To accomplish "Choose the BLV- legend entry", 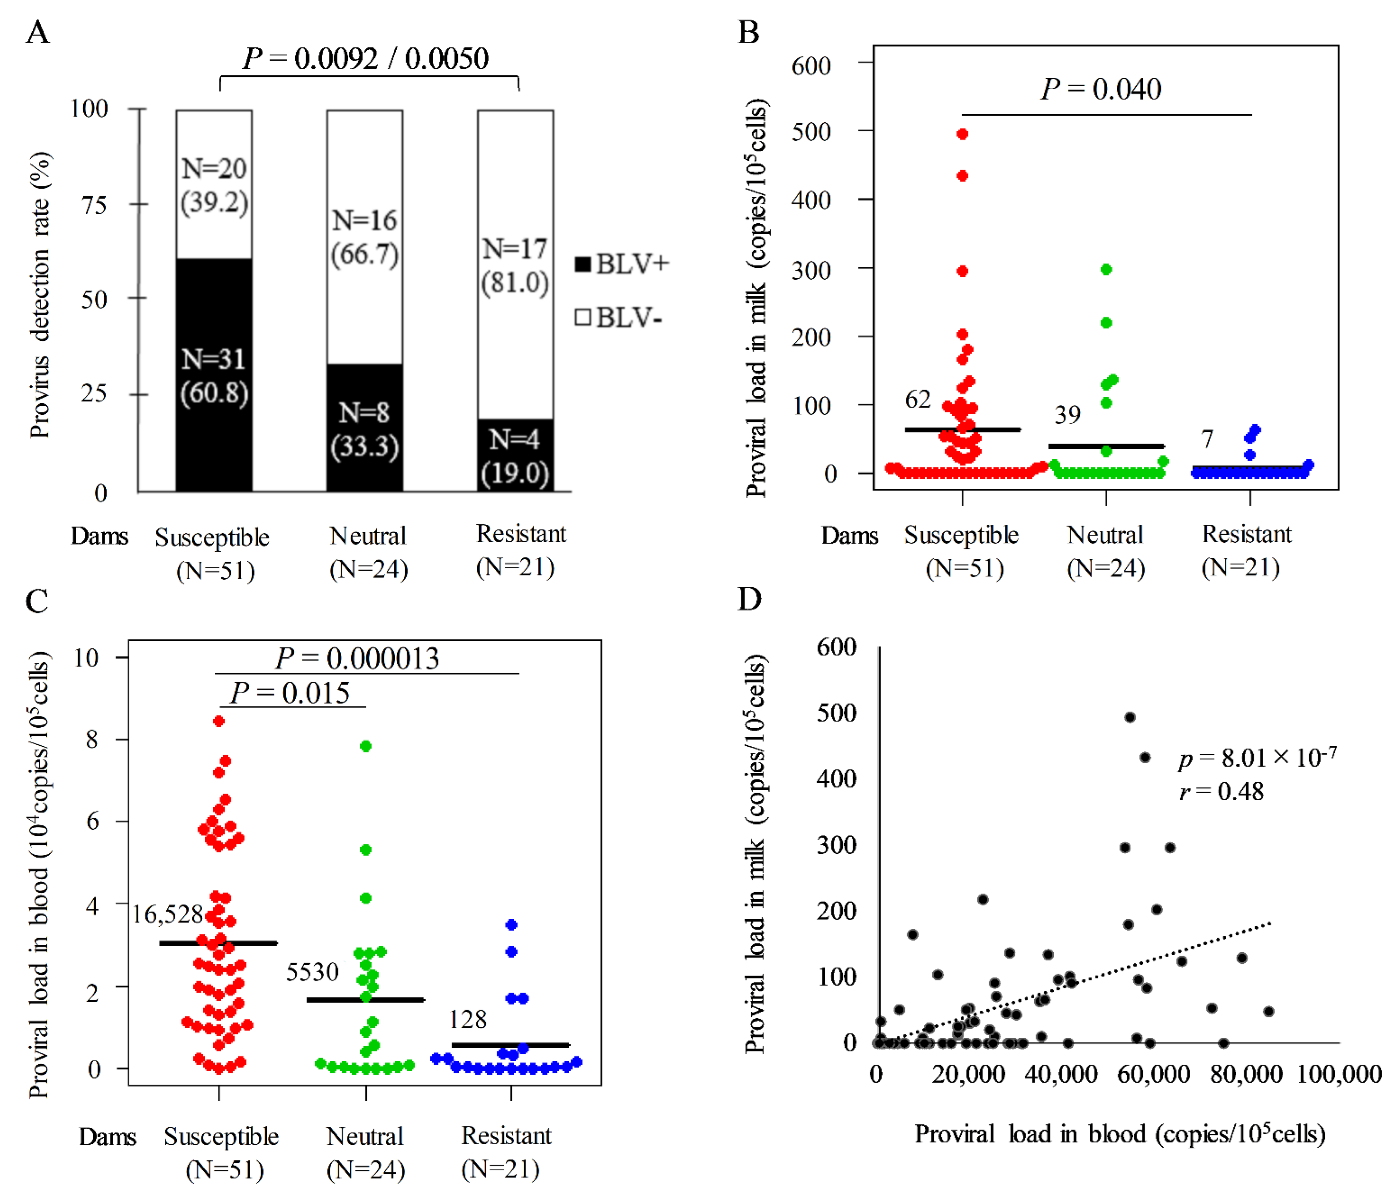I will (x=619, y=317).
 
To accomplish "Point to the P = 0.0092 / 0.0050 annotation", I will (x=366, y=59).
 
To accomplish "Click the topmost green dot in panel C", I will (x=366, y=746).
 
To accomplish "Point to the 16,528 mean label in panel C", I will (x=167, y=914).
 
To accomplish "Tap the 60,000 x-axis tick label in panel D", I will (x=1153, y=1074).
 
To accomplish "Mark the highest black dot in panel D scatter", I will (x=1130, y=717).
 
